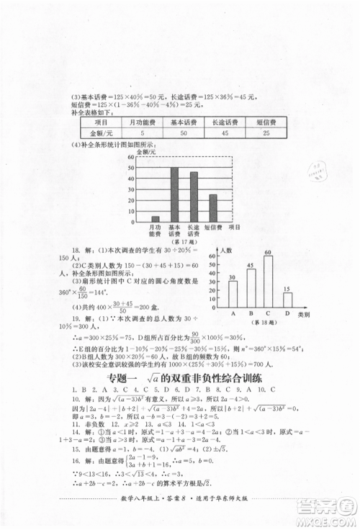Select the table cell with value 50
click(184, 134)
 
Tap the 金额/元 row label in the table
click(100, 134)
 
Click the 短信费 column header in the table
click(266, 122)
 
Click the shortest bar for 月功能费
click(155, 218)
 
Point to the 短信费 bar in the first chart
click(213, 208)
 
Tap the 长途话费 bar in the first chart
click(194, 197)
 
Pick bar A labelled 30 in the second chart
click(233, 293)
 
